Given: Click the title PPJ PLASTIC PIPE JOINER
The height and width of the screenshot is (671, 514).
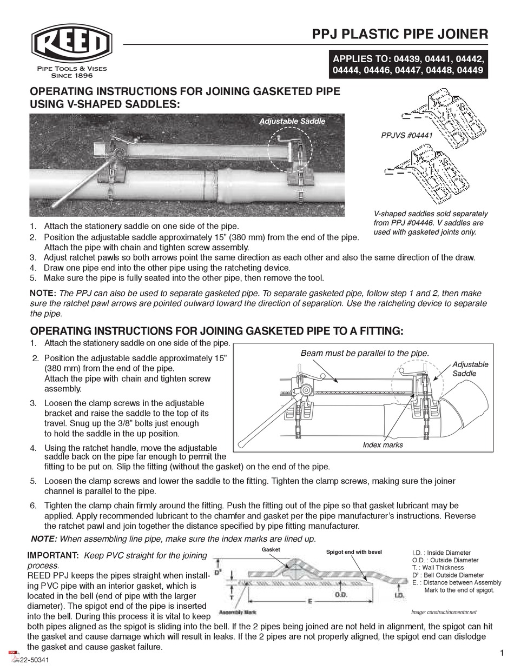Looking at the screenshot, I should coord(400,34).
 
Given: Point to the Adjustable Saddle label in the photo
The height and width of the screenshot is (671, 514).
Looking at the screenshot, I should coord(292,121).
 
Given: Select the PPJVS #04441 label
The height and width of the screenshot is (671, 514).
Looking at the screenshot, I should coord(407,136).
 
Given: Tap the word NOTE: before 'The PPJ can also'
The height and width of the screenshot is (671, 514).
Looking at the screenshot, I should coord(43,293).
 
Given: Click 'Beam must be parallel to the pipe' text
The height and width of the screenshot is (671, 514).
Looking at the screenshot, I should coord(364,353).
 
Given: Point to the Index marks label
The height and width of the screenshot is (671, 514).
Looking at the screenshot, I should coord(383,444).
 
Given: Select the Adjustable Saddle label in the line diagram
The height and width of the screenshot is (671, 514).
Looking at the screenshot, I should coord(470,369).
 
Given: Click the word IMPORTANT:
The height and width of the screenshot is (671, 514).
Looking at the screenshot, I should coord(53,555).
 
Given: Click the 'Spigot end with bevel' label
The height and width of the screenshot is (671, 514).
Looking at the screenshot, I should coord(353,552).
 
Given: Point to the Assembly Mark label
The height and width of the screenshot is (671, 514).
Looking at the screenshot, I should coord(238,613).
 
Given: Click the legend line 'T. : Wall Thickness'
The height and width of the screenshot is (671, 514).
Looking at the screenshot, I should coord(437,568).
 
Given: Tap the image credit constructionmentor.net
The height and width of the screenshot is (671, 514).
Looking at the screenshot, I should coord(443,612).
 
